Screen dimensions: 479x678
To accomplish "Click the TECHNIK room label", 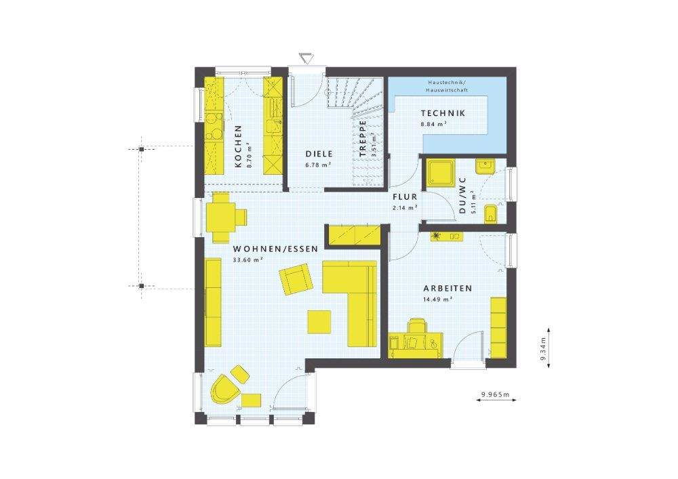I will click(442, 114).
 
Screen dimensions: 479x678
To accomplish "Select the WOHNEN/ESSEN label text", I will click(266, 249).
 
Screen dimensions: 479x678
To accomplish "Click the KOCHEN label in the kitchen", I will click(238, 146).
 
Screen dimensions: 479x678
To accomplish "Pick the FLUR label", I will click(405, 198).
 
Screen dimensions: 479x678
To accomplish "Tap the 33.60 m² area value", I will click(247, 259).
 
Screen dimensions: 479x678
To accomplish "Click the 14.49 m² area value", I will click(438, 299).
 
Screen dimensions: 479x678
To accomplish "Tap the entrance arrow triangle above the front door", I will click(303, 56).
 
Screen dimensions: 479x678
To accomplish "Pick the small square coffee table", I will click(319, 322).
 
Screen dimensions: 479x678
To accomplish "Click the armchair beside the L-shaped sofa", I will click(295, 280).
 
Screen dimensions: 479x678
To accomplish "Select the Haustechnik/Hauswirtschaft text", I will click(447, 86).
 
